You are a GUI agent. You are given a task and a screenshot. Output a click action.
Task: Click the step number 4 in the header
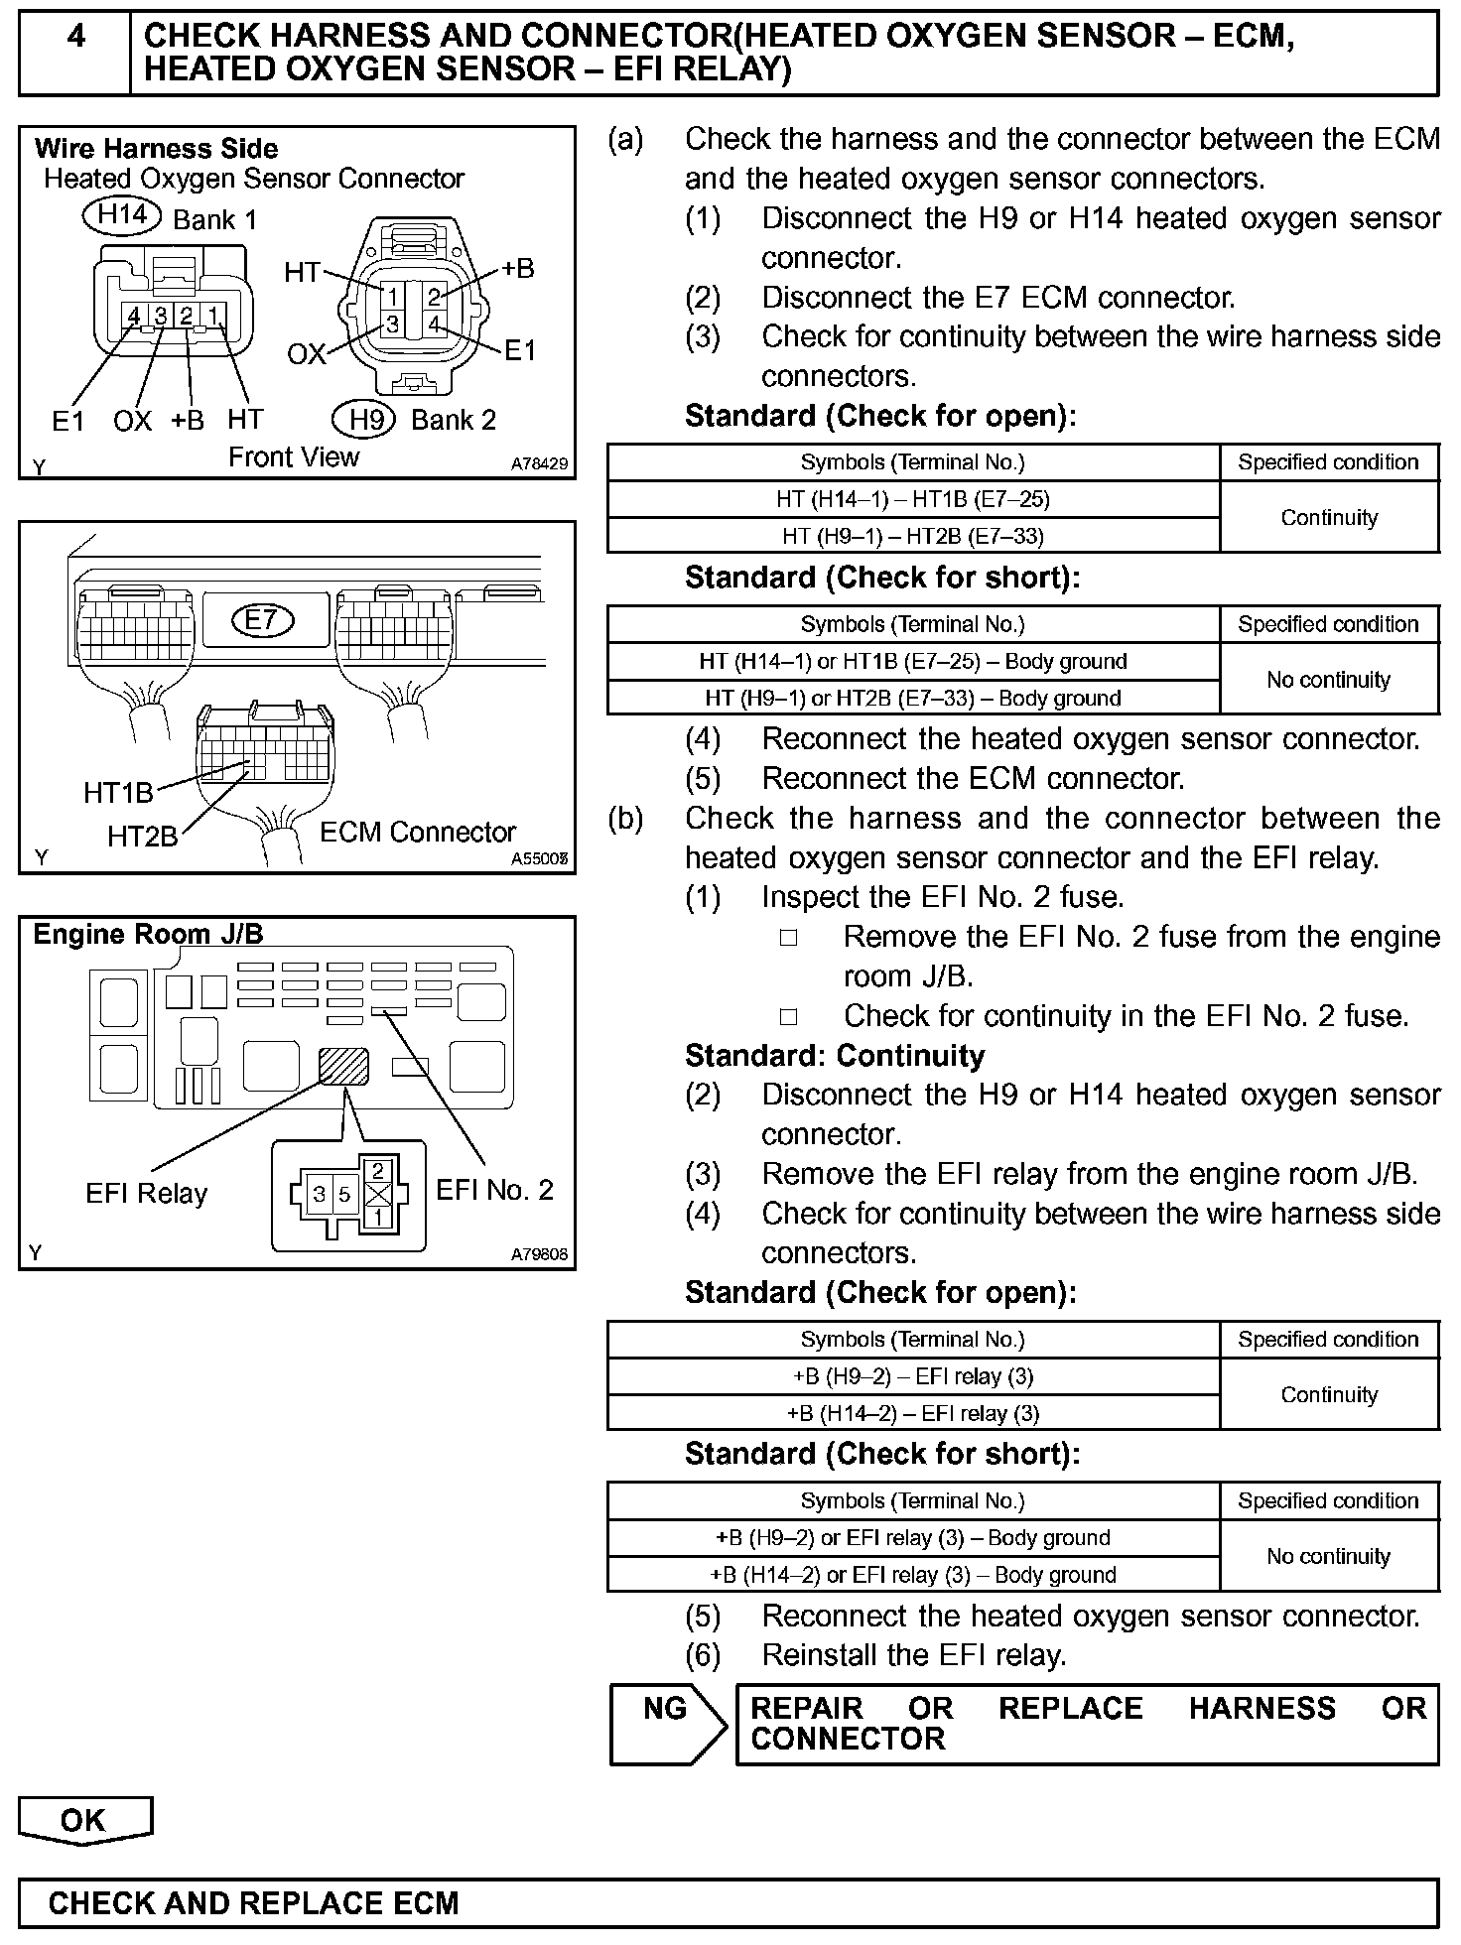click(75, 37)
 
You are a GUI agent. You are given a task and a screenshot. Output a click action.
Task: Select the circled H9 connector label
click(365, 419)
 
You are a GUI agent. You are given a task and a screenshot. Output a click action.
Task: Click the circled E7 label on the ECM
click(261, 621)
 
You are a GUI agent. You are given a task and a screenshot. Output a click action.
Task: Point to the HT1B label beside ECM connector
click(118, 793)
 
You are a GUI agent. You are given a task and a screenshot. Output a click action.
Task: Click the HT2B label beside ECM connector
click(142, 837)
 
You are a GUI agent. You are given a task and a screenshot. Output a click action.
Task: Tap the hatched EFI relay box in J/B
click(343, 1067)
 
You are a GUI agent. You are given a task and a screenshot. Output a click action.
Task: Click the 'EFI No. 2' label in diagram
click(494, 1189)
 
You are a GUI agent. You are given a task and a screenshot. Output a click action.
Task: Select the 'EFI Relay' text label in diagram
click(146, 1193)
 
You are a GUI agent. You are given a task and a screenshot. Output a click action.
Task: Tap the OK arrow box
click(84, 1821)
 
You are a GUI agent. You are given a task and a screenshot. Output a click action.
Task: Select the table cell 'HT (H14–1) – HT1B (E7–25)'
click(912, 499)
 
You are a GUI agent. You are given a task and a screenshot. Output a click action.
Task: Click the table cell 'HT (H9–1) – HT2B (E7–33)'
click(912, 536)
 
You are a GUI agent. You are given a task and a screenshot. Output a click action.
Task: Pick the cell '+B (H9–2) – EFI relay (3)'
click(912, 1376)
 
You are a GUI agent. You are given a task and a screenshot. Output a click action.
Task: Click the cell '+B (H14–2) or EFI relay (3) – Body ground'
click(912, 1575)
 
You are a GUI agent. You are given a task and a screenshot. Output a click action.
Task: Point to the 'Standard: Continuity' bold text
click(835, 1056)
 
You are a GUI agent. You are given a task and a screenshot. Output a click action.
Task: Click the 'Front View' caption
click(294, 457)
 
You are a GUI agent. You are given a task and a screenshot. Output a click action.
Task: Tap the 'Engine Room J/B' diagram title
click(149, 935)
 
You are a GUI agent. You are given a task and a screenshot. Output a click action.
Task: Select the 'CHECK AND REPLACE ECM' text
click(253, 1903)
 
